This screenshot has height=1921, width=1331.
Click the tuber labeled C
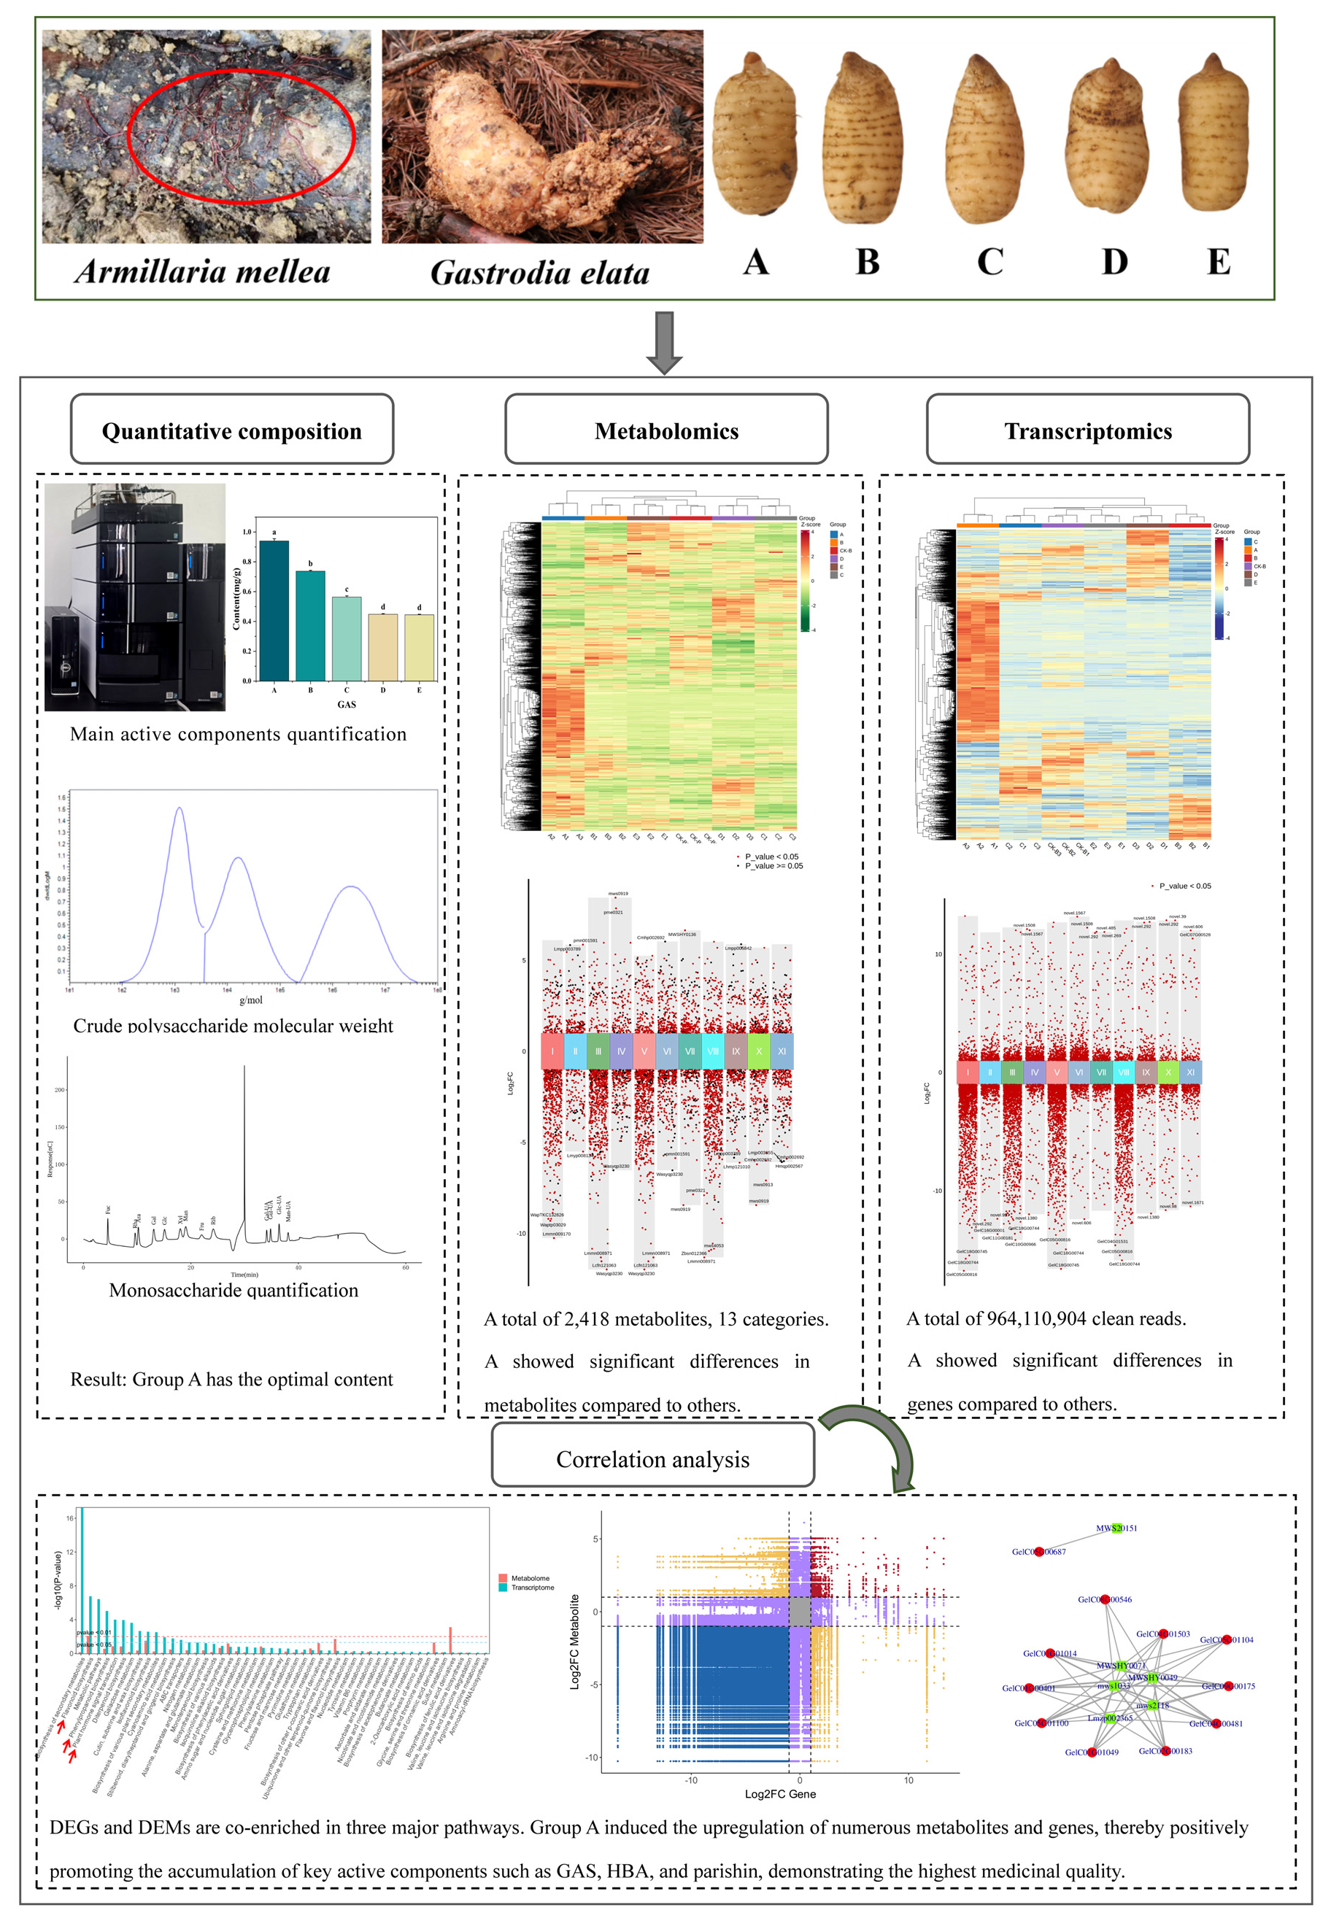pos(988,138)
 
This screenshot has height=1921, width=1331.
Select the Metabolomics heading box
pos(666,430)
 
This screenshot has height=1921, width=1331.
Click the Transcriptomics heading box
pos(1087,430)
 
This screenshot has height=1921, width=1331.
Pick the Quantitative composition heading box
pos(232,430)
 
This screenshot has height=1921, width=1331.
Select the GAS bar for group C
pos(346,638)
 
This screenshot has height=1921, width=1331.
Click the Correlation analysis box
pos(652,1459)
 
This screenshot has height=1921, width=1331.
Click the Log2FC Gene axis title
pos(780,1793)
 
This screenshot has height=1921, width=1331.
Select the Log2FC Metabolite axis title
pos(574,1642)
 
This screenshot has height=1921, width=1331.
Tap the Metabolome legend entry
pos(530,1578)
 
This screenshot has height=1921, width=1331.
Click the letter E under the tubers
pos(1218,262)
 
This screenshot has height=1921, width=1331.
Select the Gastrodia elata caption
pos(539,273)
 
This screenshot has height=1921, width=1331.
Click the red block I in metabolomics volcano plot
pos(552,1051)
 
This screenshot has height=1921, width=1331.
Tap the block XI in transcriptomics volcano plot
pos(1190,1072)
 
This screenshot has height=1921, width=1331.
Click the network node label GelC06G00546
pos(1104,1599)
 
